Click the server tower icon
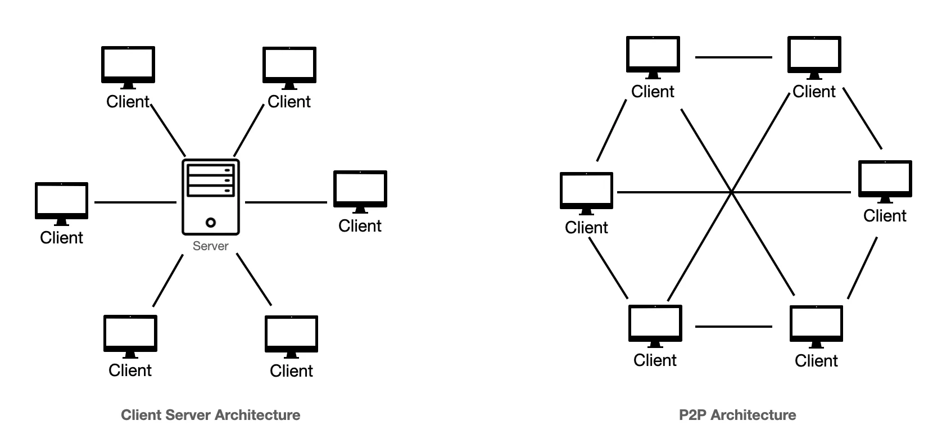point(211,197)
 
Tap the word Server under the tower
point(210,246)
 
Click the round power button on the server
point(211,223)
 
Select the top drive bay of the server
point(211,169)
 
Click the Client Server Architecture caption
point(211,415)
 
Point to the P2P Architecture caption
point(737,415)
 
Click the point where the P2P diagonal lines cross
point(732,192)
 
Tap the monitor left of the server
point(62,201)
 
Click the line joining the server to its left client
point(135,202)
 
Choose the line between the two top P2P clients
point(733,57)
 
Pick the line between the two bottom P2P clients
point(733,326)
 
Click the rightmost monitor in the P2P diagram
point(885,179)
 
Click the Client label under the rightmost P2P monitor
point(885,216)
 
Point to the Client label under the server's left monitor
point(62,237)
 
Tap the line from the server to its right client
point(287,202)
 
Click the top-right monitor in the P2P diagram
point(814,55)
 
